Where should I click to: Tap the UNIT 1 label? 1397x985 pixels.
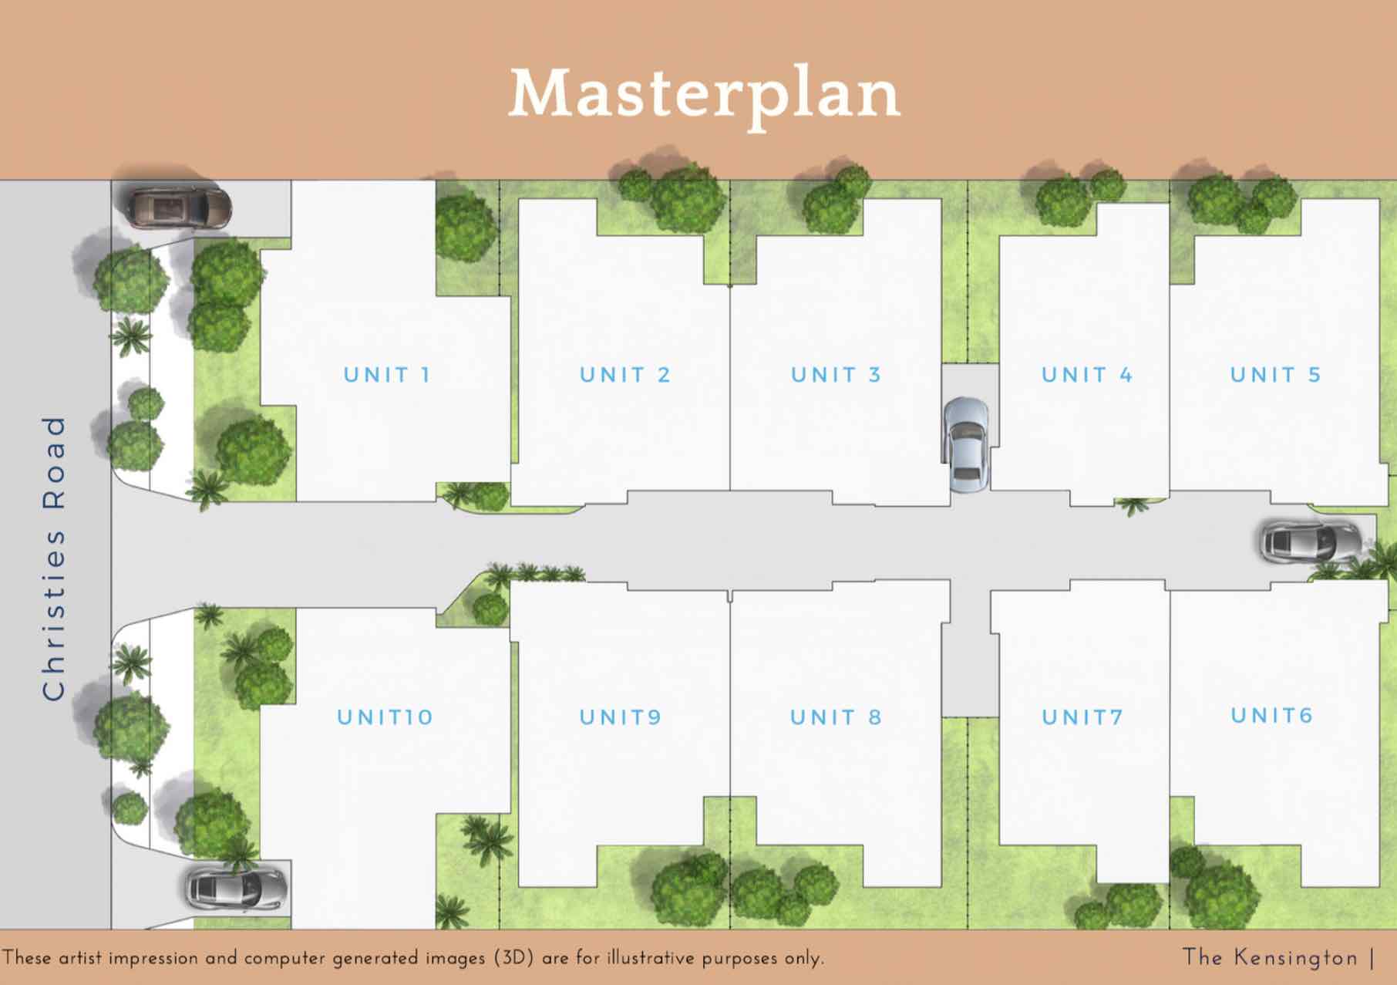(387, 375)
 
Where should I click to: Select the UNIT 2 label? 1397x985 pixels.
(625, 375)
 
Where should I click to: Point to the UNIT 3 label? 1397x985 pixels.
(836, 375)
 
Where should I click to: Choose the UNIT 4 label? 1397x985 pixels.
(1087, 375)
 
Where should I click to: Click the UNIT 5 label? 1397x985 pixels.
(1276, 375)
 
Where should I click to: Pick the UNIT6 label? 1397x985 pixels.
(1271, 716)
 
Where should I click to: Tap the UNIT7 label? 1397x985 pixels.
(1082, 717)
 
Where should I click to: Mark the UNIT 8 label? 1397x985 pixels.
(836, 717)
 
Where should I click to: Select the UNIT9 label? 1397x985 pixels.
(621, 717)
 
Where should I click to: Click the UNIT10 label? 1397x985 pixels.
(385, 717)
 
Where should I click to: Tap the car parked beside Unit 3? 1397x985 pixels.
(966, 444)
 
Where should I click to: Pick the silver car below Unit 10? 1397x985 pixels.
(236, 889)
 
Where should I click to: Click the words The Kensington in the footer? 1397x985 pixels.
(1271, 957)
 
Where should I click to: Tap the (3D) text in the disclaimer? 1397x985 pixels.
(513, 958)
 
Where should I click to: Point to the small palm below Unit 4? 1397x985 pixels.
(1133, 506)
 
